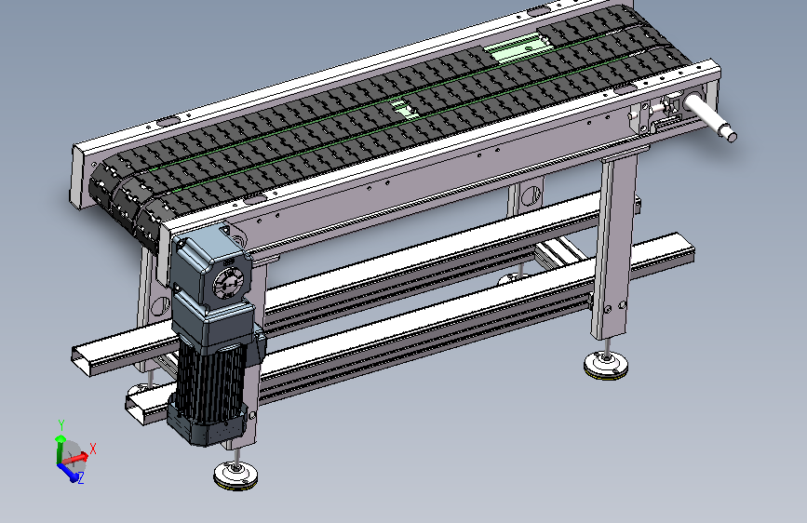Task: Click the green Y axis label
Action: pos(61,425)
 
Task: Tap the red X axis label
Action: pos(93,449)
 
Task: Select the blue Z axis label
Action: pos(81,478)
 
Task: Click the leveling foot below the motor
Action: pos(235,475)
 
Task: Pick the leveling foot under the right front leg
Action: pos(606,365)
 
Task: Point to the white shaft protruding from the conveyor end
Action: pos(711,117)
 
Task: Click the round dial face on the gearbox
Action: pos(227,282)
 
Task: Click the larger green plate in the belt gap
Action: pos(513,50)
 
